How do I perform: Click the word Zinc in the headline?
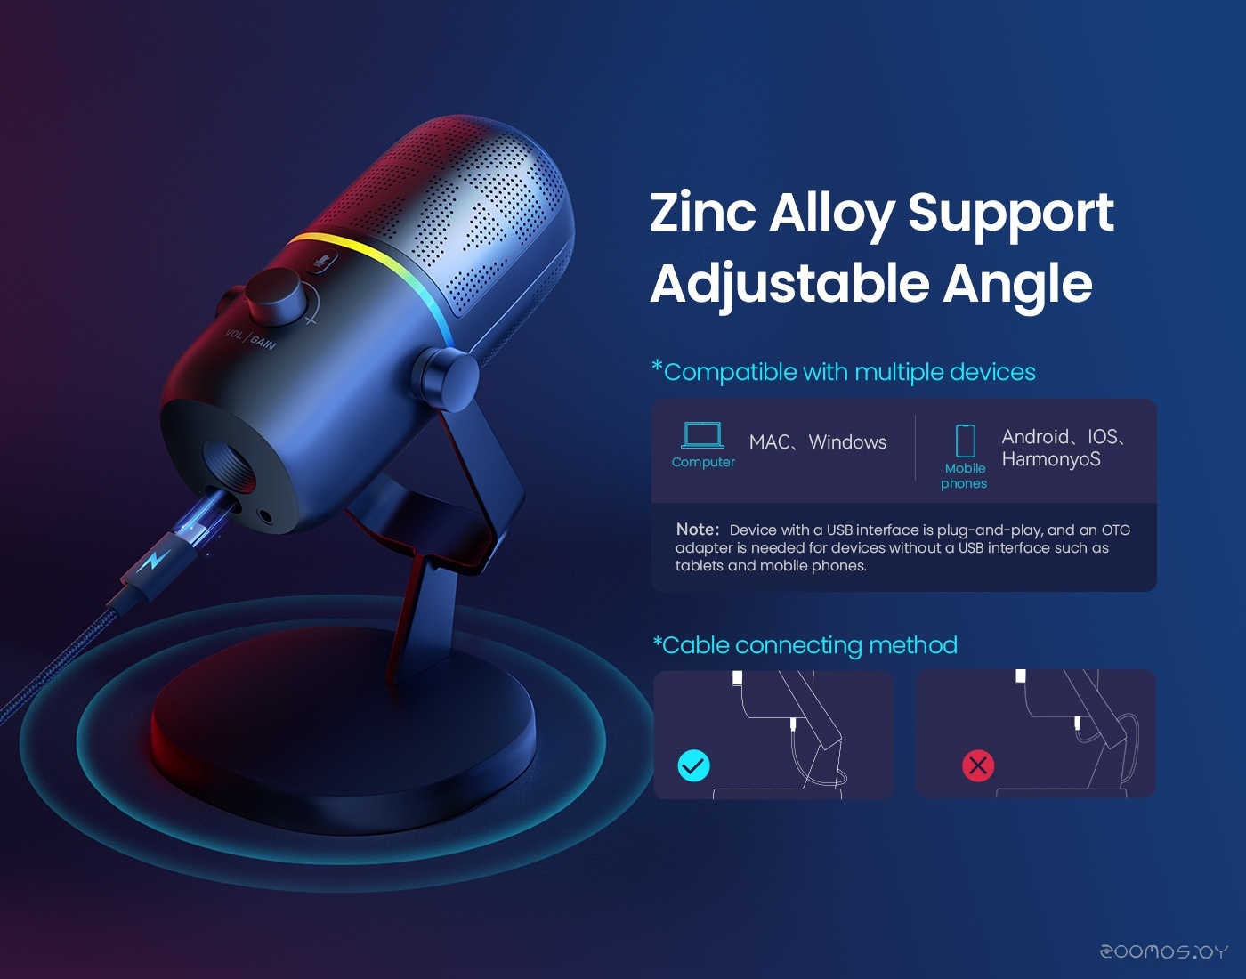[702, 212]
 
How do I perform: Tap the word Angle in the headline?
[1018, 286]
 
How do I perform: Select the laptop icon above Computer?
[702, 435]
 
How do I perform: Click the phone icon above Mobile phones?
[965, 441]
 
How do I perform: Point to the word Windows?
[847, 442]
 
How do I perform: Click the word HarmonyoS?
[1051, 459]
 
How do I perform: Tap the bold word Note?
[697, 529]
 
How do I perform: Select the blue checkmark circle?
[694, 765]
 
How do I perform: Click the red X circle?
[978, 765]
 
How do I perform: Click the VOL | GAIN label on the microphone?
[251, 338]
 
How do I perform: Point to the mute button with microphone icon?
[323, 262]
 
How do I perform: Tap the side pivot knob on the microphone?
[446, 379]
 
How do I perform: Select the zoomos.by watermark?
[1163, 952]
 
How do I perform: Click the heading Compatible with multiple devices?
[844, 371]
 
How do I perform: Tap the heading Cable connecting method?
[805, 645]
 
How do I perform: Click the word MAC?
[769, 442]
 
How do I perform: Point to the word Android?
[1036, 437]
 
